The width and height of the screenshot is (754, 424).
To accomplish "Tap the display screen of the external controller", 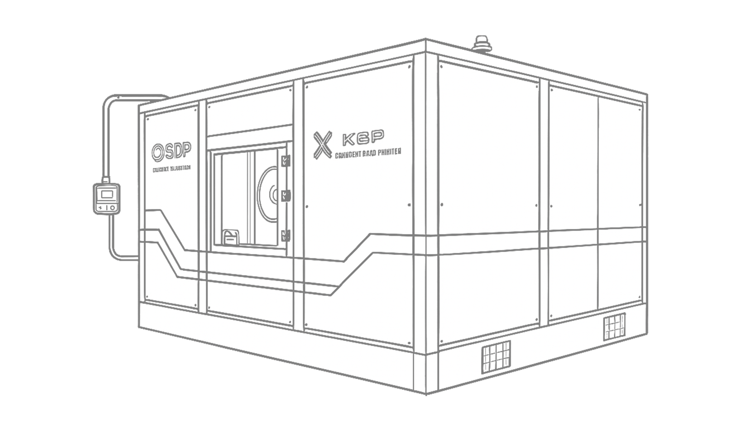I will point(107,194).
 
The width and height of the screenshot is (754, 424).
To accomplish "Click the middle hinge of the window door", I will point(285,195).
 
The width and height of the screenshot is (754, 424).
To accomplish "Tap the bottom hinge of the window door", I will point(285,235).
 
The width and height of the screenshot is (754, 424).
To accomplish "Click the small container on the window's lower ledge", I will point(231,238).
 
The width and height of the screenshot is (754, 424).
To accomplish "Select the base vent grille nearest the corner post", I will point(496,356).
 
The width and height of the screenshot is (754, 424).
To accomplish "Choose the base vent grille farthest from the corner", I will point(614,327).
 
